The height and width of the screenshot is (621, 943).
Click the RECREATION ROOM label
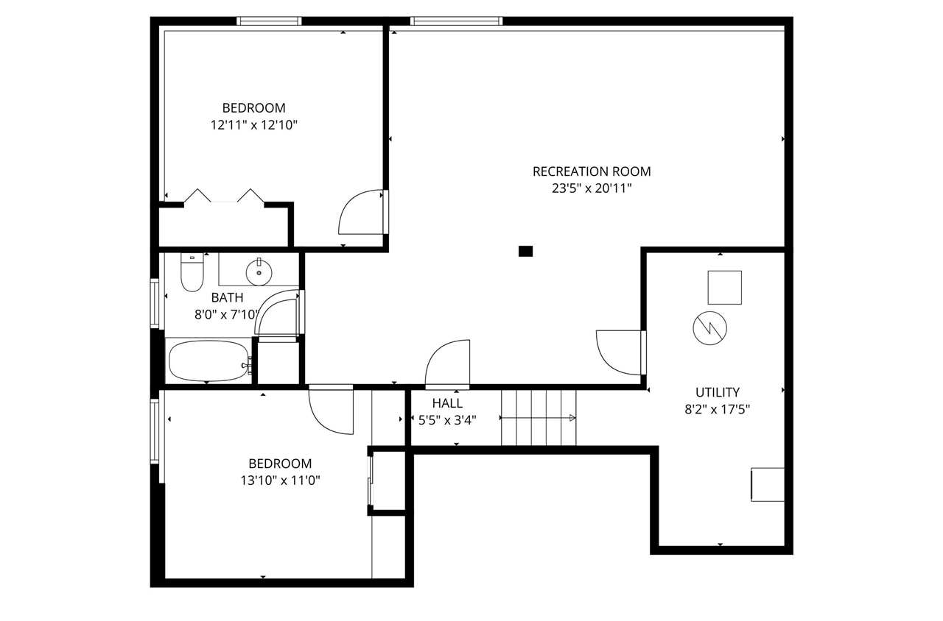click(x=592, y=171)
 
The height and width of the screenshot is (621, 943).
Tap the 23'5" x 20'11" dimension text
click(x=592, y=188)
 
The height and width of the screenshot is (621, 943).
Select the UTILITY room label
click(x=717, y=392)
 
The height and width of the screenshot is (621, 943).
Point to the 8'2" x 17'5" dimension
click(x=717, y=409)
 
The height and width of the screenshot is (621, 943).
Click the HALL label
click(x=447, y=403)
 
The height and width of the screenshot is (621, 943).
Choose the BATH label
click(x=227, y=298)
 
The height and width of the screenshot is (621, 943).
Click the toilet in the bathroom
click(x=192, y=272)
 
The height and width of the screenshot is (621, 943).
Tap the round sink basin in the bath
click(x=259, y=272)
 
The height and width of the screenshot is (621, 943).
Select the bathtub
click(x=209, y=361)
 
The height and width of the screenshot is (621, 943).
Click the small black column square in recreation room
click(x=525, y=251)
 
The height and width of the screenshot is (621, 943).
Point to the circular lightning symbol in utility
click(x=709, y=327)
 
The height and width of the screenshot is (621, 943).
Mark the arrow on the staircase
click(x=538, y=418)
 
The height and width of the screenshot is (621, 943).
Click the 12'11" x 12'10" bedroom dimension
click(x=253, y=125)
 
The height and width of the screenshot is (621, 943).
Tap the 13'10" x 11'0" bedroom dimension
click(x=280, y=480)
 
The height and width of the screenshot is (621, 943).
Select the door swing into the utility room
click(x=619, y=352)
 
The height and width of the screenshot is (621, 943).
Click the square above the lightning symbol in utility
click(x=724, y=287)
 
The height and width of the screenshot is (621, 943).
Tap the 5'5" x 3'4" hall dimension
click(x=447, y=420)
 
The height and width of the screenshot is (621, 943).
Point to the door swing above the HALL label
click(x=448, y=363)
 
